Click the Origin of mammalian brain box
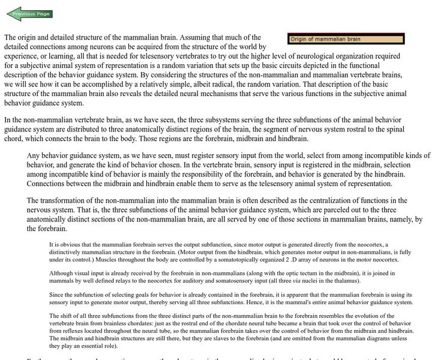point(346,39)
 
